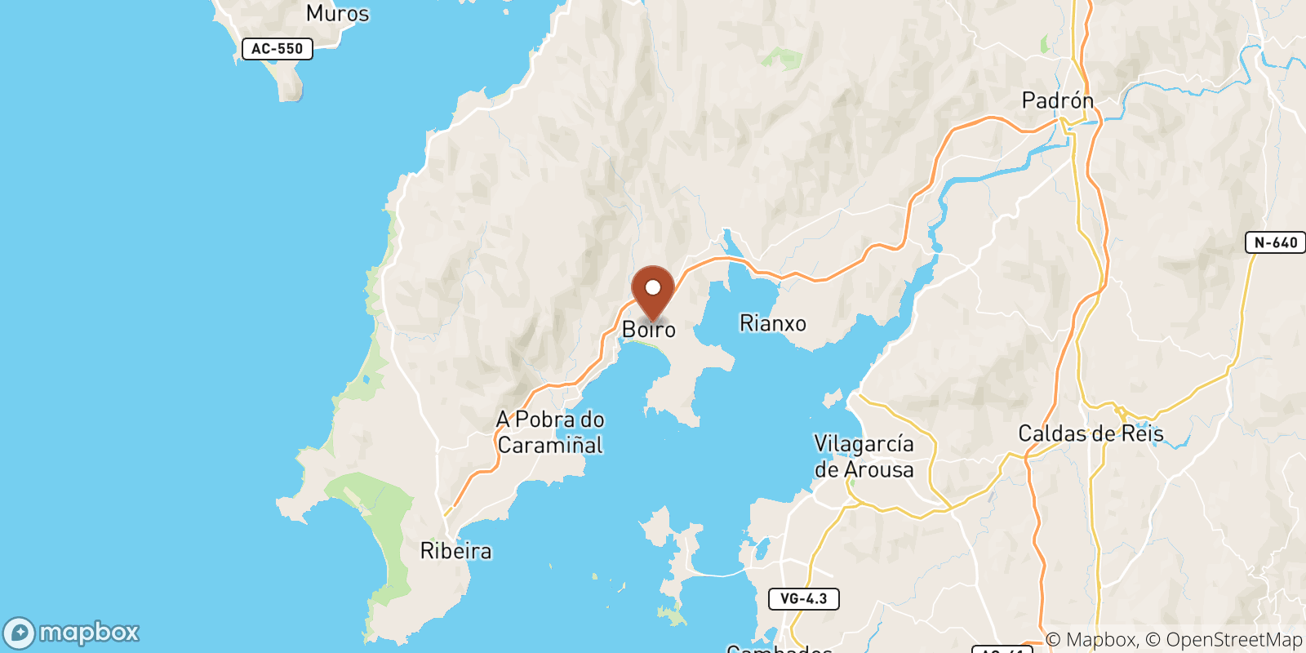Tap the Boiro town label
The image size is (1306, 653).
[x=649, y=330]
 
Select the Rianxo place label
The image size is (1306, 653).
[x=772, y=324]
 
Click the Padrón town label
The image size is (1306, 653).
[x=1057, y=100]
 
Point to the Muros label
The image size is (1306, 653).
[x=337, y=13]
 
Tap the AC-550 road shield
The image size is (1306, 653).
[x=278, y=49]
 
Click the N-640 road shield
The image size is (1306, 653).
[x=1275, y=242]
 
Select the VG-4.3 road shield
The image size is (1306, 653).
[x=803, y=599]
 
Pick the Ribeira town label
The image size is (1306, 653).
[x=455, y=551]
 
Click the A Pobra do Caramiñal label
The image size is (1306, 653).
[x=550, y=432]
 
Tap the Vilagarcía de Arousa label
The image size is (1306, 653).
[x=864, y=456]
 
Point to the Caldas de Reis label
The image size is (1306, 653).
[x=1091, y=433]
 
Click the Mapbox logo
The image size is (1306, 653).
[x=71, y=633]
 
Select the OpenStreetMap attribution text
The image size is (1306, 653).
[x=1234, y=640]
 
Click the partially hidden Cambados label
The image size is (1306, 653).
[x=779, y=649]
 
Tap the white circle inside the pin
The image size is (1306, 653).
[x=653, y=287]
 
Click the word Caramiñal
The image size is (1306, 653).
[x=550, y=446]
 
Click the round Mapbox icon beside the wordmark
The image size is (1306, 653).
[x=19, y=633]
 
